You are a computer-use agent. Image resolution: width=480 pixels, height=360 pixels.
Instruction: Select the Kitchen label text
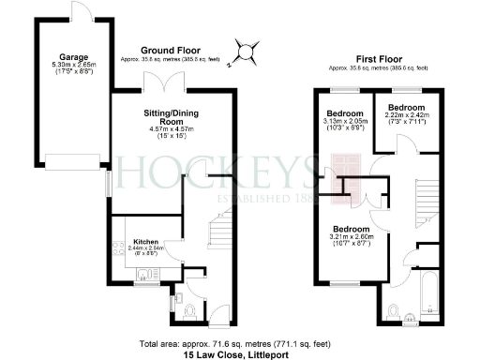[x=145, y=239]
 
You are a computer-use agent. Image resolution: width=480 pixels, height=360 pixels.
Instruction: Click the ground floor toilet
[x=189, y=310]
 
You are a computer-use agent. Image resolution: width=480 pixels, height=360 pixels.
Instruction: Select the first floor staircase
[x=427, y=197]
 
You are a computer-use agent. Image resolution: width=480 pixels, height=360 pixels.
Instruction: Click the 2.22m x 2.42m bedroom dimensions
[x=409, y=114]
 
